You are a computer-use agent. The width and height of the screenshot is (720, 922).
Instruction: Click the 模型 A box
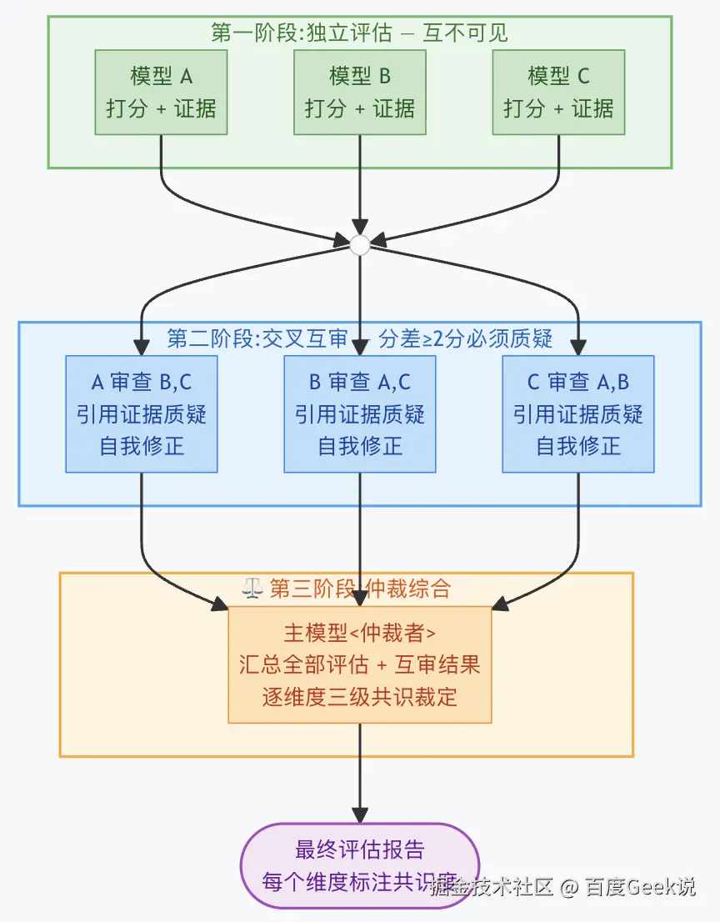[x=161, y=92]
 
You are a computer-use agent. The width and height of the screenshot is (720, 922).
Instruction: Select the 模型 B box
[x=360, y=92]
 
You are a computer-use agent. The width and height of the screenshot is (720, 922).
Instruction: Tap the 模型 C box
[x=558, y=92]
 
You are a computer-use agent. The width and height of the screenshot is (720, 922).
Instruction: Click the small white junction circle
[x=360, y=245]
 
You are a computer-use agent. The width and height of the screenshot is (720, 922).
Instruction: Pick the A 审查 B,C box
[x=142, y=413]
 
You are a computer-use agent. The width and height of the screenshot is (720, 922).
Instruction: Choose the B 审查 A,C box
[x=360, y=413]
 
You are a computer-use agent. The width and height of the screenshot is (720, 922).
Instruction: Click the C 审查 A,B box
[x=578, y=413]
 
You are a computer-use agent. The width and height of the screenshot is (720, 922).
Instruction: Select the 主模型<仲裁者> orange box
[x=360, y=664]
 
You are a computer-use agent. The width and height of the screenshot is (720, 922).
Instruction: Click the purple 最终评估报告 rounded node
[x=360, y=864]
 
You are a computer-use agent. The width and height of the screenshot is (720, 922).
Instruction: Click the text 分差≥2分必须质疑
[x=466, y=338]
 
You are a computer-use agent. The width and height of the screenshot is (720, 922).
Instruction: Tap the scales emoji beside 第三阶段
[x=252, y=589]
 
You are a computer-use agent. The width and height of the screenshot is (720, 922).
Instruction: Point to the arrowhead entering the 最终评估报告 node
[x=360, y=814]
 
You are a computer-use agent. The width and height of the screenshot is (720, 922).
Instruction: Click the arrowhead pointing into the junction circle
[x=360, y=228]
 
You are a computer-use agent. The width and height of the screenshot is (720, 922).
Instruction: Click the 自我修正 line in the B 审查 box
[x=360, y=446]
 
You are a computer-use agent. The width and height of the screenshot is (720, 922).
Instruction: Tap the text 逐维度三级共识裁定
[x=360, y=696]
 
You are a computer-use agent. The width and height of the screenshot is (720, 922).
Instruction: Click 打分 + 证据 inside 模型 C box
[x=558, y=108]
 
